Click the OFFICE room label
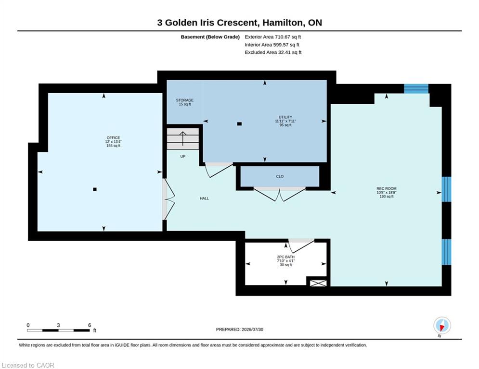coord(113,138)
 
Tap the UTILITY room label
coord(285,117)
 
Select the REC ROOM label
coord(387,188)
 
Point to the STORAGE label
coord(185,100)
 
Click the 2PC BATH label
coord(285,257)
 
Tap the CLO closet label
coord(280,176)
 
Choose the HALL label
coord(205,198)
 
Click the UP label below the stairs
coord(182,157)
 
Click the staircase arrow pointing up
coord(182,139)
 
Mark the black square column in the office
coord(95,189)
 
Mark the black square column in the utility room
coord(240,124)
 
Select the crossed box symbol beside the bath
coord(318,283)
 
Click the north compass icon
coord(442,325)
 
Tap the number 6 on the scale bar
coord(90,325)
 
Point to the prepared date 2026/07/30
coord(252,329)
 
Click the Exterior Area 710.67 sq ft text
coord(273,37)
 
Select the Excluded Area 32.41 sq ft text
coord(273,52)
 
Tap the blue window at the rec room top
coord(416,89)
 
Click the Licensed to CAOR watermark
coord(28,365)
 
